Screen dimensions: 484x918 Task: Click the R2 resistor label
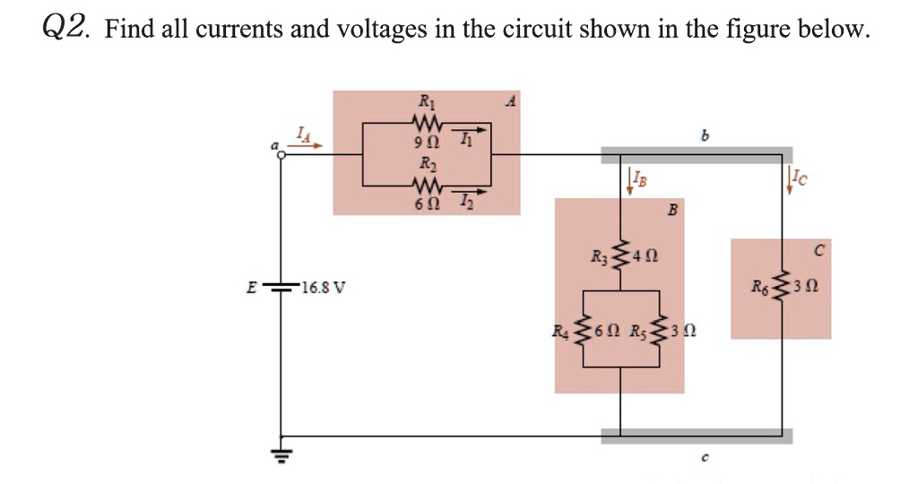423,164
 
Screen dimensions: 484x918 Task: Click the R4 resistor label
564,331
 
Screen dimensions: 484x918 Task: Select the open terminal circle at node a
281,155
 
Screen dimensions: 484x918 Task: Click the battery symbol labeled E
283,289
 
